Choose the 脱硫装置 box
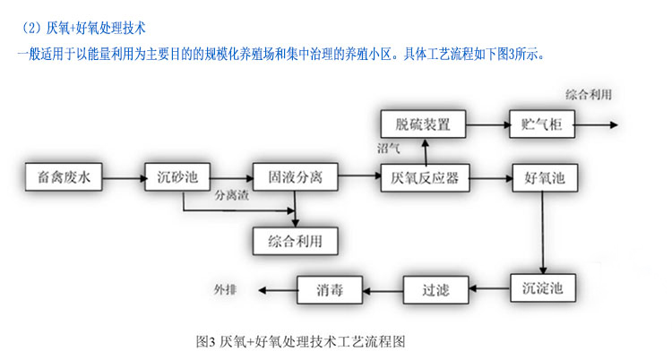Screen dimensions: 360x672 (424, 123)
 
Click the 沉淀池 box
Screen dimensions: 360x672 (543, 288)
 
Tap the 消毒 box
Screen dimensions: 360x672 (331, 288)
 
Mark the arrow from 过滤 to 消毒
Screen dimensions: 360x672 (382, 288)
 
